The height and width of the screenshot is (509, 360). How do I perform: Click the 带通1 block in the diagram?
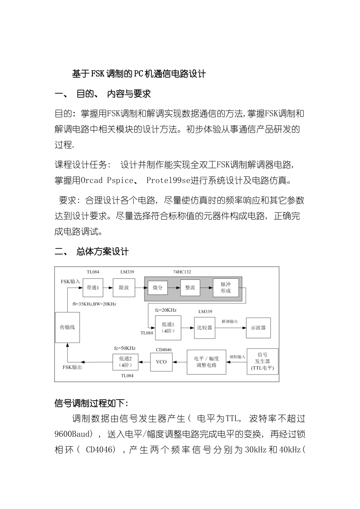click(93, 288)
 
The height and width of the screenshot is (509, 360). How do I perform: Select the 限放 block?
click(124, 288)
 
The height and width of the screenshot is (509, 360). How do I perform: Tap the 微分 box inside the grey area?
click(158, 288)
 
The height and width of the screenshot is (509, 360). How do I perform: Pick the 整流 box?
click(190, 288)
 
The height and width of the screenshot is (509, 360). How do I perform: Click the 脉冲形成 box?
click(225, 288)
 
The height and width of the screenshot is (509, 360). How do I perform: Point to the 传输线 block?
click(67, 327)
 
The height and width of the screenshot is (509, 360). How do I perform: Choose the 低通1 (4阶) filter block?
click(168, 328)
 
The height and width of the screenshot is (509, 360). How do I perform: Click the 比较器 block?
click(205, 328)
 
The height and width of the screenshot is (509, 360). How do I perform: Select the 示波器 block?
click(258, 328)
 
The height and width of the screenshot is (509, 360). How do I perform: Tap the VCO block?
click(161, 362)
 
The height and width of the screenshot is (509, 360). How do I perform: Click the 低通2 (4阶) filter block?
click(125, 362)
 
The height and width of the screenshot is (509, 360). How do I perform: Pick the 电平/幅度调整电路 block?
click(207, 362)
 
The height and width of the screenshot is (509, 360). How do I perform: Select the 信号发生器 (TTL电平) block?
click(262, 361)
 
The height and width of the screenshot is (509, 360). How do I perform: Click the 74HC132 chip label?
click(182, 272)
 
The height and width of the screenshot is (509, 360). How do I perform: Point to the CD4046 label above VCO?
click(164, 350)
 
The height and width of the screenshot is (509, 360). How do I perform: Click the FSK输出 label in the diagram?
click(72, 367)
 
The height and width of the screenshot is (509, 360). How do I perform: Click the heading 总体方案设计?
click(102, 251)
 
